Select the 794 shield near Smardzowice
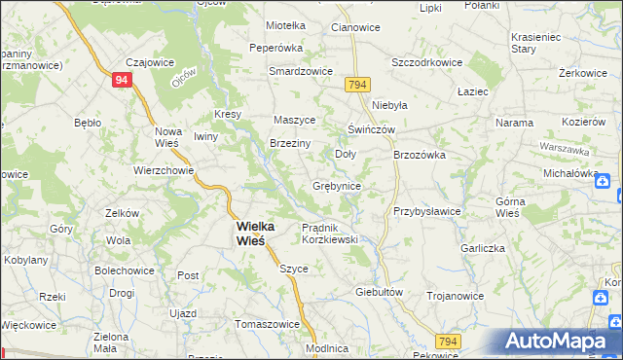pyautogui.click(x=355, y=86)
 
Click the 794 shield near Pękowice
pyautogui.click(x=448, y=341)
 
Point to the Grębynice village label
pyautogui.click(x=337, y=186)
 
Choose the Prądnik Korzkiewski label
pyautogui.click(x=331, y=233)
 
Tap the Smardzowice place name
pyautogui.click(x=302, y=71)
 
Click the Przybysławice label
pyautogui.click(x=426, y=210)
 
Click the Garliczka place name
pyautogui.click(x=483, y=248)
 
